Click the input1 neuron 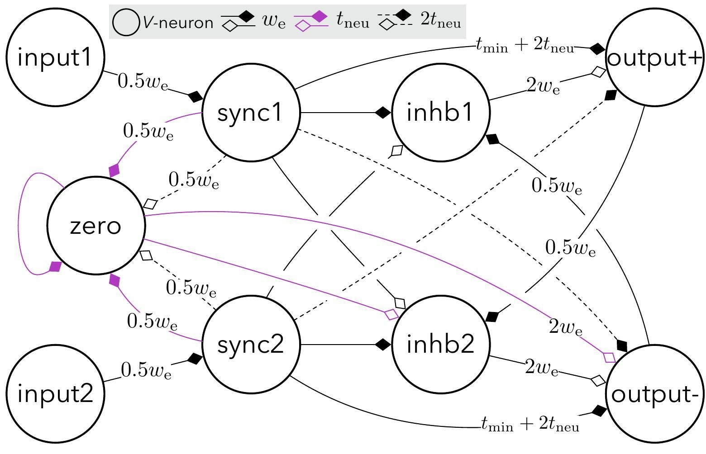pyautogui.click(x=55, y=58)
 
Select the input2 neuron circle pyautogui.click(x=55, y=394)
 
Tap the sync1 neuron pyautogui.click(x=251, y=112)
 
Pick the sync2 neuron pyautogui.click(x=251, y=345)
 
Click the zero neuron pyautogui.click(x=96, y=226)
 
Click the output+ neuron pyautogui.click(x=654, y=58)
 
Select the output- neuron pyautogui.click(x=654, y=395)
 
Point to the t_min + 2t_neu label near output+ pyautogui.click(x=525, y=45)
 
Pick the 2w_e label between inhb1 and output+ pyautogui.click(x=543, y=85)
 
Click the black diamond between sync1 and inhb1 pyautogui.click(x=382, y=112)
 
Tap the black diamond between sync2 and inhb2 pyautogui.click(x=382, y=345)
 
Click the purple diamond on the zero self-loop pyautogui.click(x=55, y=266)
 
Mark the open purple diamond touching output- pyautogui.click(x=609, y=357)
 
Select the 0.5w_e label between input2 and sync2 pyautogui.click(x=146, y=370)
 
